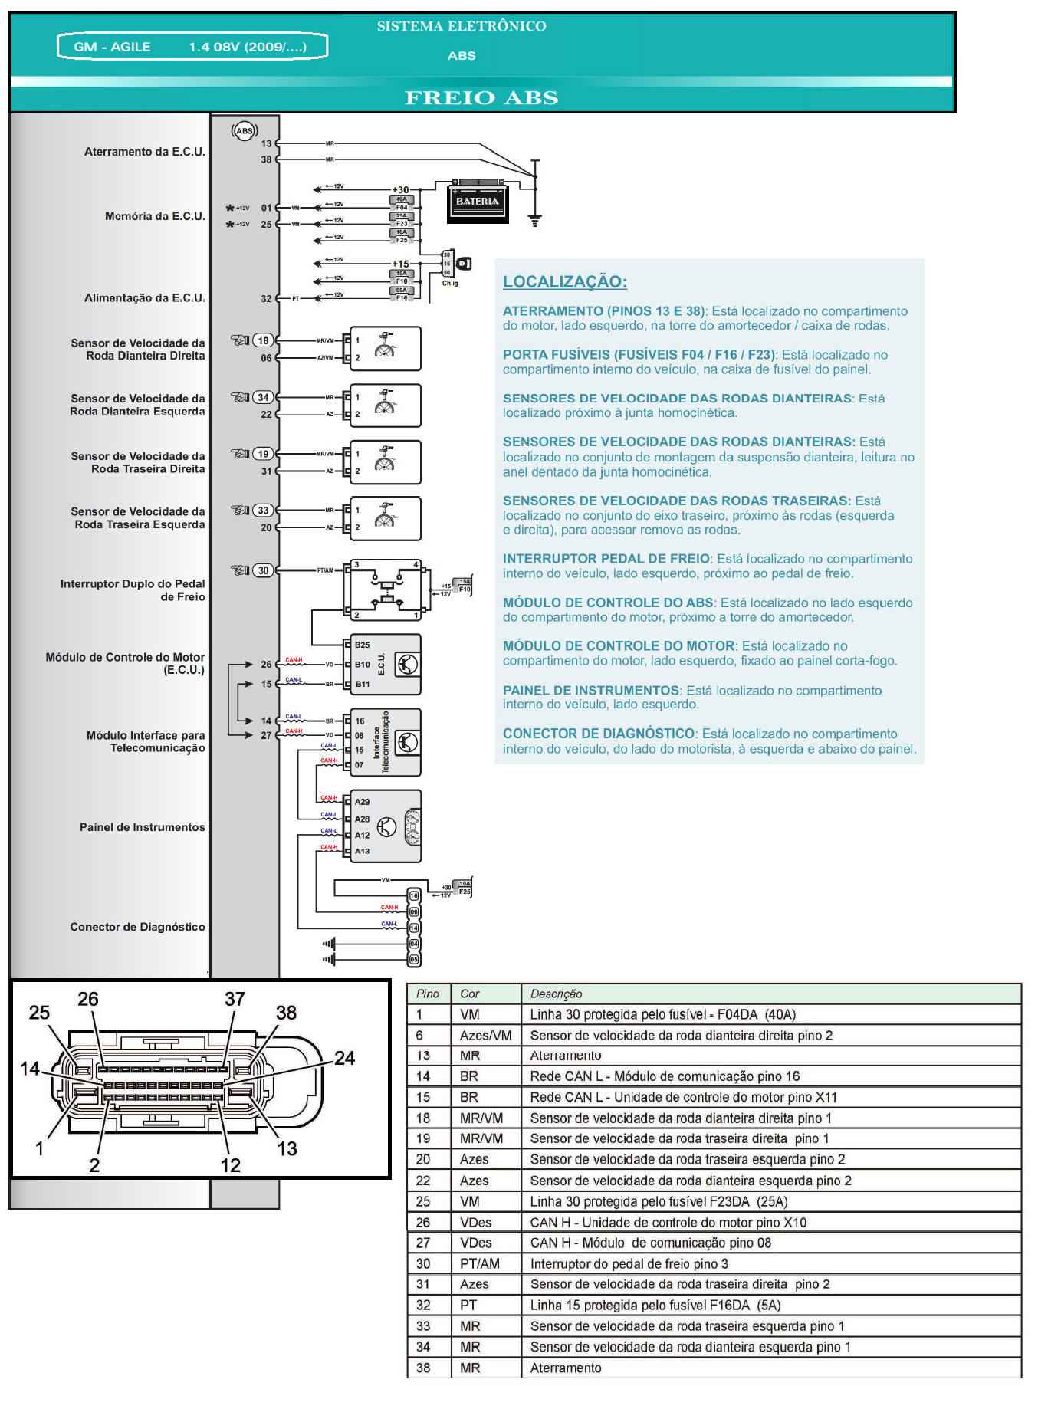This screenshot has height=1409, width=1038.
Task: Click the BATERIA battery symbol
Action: [x=478, y=202]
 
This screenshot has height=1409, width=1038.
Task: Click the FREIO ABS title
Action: [x=481, y=98]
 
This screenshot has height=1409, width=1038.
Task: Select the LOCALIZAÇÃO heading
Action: [x=564, y=281]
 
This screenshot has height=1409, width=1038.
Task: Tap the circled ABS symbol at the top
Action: [x=244, y=131]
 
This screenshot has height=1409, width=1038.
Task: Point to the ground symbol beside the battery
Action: [x=535, y=220]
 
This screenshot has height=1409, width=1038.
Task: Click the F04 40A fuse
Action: [x=402, y=203]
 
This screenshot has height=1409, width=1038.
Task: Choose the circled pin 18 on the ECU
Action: [x=264, y=340]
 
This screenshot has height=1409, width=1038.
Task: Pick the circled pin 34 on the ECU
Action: [x=264, y=397]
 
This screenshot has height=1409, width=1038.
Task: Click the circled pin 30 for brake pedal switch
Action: [x=264, y=570]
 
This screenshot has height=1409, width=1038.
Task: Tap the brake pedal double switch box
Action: [x=386, y=590]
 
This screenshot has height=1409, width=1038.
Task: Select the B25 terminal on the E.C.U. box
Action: [x=363, y=645]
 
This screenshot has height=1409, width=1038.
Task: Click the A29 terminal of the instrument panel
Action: [x=363, y=802]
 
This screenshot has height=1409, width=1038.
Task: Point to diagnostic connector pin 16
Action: [x=414, y=895]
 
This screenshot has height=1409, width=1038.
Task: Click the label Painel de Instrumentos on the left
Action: [x=143, y=827]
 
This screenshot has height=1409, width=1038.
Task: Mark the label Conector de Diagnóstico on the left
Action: [x=138, y=927]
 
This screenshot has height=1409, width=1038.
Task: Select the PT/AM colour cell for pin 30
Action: [x=480, y=1263]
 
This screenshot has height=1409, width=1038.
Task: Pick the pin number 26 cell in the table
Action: [x=423, y=1222]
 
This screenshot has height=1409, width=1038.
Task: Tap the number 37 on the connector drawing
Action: [x=235, y=999]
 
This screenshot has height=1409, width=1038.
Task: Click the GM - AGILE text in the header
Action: [x=112, y=47]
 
